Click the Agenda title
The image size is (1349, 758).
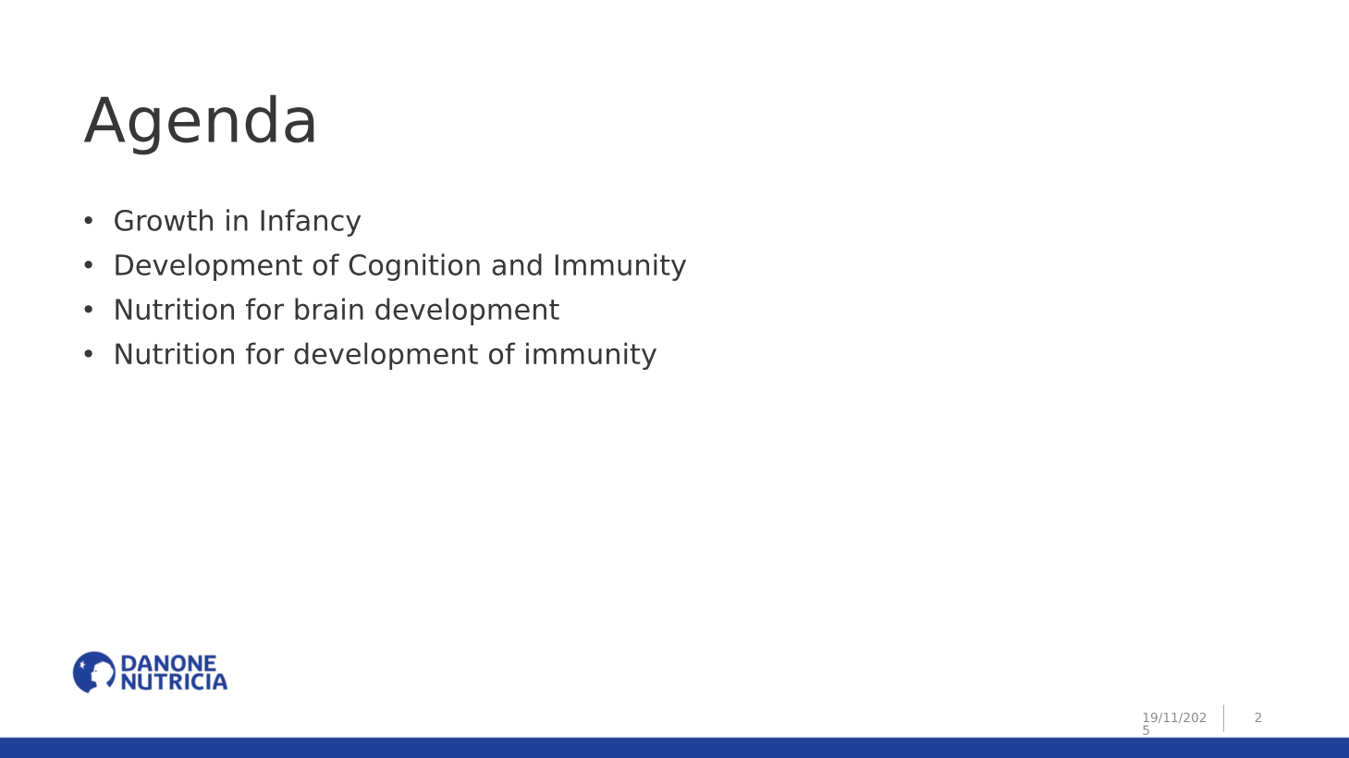pos(200,122)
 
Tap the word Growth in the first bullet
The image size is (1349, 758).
pos(164,221)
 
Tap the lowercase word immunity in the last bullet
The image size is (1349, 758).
pos(590,355)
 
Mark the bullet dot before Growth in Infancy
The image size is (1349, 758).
pos(89,221)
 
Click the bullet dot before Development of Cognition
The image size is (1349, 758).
pos(89,265)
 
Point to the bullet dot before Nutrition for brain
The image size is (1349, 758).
pos(89,310)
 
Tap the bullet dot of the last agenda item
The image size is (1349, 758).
pos(89,354)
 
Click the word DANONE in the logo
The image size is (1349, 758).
pos(168,664)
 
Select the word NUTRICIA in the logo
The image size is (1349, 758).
pos(174,682)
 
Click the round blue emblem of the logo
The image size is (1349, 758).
pos(94,672)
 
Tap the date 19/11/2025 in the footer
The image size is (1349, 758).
pos(1174,724)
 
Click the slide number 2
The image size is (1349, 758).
pos(1258,717)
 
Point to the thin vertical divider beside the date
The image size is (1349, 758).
pos(1224,718)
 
